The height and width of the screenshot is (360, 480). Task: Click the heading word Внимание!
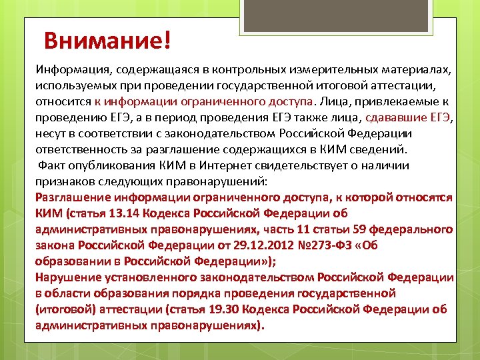pyautogui.click(x=107, y=40)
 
